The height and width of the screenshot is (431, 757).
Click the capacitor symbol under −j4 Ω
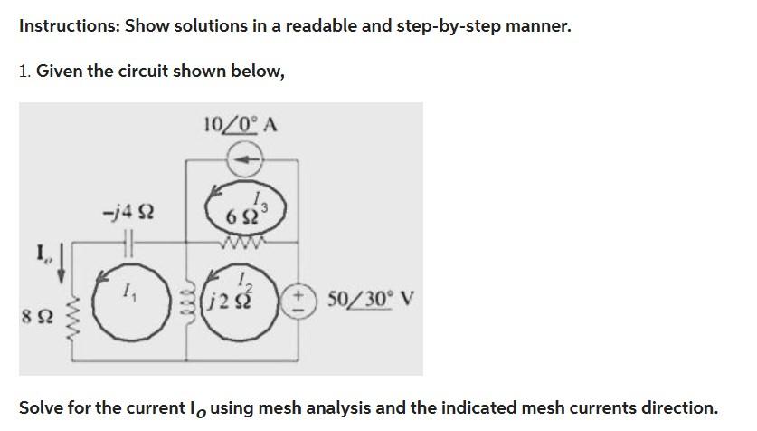pyautogui.click(x=128, y=243)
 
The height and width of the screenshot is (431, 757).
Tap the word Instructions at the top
pyautogui.click(x=68, y=25)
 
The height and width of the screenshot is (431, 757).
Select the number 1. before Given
pyautogui.click(x=24, y=71)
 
